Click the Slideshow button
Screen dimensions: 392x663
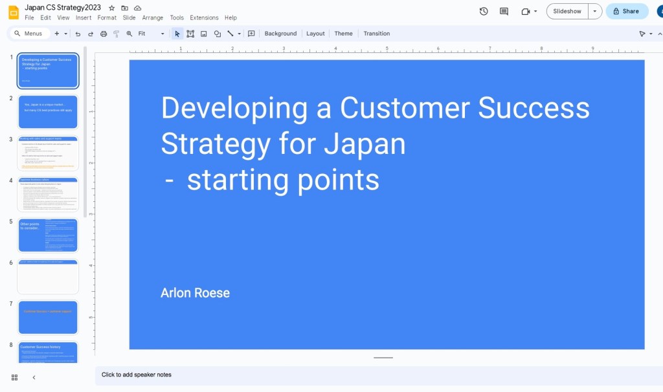click(x=567, y=11)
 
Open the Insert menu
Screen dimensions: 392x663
click(x=84, y=18)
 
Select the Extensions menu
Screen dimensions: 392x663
click(x=204, y=18)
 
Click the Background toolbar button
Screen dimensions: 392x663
click(x=280, y=34)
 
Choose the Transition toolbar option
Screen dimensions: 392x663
click(x=376, y=34)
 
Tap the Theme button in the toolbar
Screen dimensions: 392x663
click(x=343, y=34)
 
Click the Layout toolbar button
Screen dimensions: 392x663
click(x=315, y=34)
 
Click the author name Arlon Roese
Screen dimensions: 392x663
click(x=195, y=293)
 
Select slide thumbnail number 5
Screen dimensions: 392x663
click(x=48, y=235)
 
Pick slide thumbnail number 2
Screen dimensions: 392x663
click(x=48, y=112)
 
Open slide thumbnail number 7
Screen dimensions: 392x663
click(x=48, y=318)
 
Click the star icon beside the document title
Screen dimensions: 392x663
click(x=111, y=8)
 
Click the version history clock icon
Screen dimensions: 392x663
click(x=484, y=11)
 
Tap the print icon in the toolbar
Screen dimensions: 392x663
click(x=104, y=34)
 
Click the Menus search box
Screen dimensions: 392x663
click(x=30, y=34)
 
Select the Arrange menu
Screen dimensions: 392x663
click(x=153, y=18)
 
